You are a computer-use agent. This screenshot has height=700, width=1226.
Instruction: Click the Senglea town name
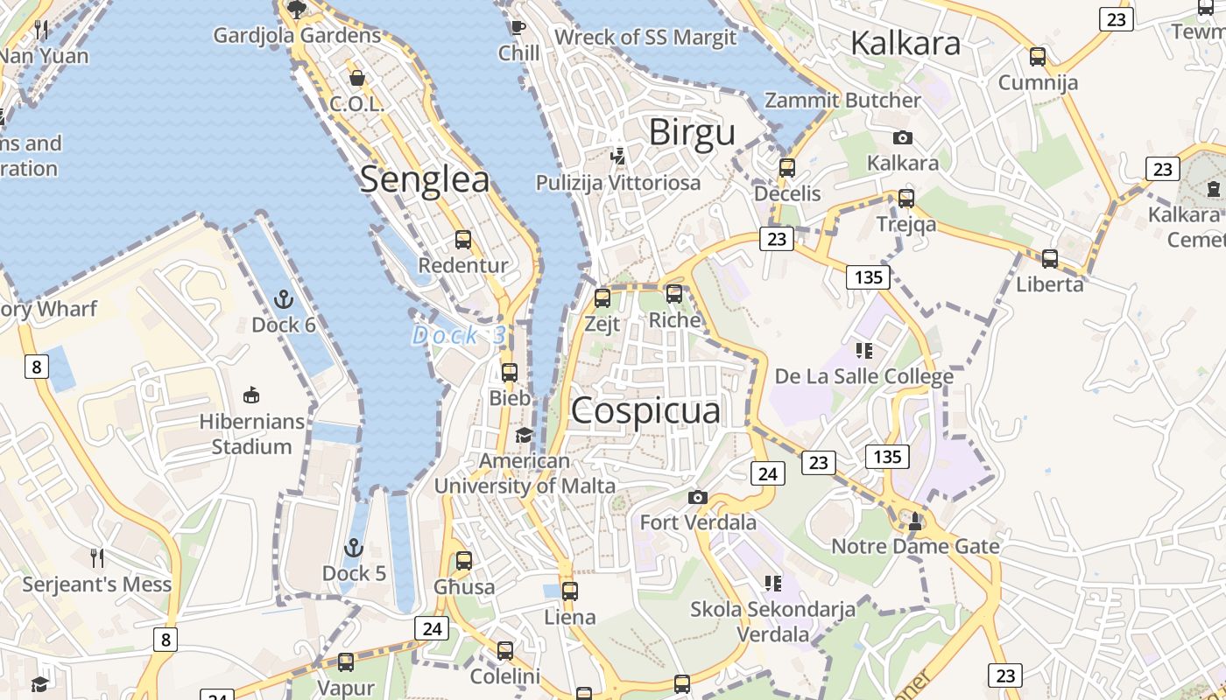425,179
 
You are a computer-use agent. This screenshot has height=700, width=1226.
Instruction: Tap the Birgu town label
692,133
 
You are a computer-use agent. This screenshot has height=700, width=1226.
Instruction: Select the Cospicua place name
645,411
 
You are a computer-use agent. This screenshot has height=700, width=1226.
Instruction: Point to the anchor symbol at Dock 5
353,549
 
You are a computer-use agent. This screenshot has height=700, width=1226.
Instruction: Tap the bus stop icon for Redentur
463,240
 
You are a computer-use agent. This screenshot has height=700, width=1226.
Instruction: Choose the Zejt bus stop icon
602,298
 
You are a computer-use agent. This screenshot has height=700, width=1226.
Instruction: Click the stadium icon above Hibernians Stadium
251,395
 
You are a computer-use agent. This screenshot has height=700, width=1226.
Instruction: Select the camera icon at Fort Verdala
698,498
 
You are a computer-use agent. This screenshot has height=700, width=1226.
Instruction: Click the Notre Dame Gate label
915,547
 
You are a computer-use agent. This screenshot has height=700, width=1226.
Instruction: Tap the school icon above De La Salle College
864,352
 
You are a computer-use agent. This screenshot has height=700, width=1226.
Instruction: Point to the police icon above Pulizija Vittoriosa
618,157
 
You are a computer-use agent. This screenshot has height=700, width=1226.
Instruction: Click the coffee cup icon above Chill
518,27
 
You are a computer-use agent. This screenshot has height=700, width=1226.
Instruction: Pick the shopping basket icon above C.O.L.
356,78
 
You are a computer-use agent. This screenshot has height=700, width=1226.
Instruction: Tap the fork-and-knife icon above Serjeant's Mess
97,557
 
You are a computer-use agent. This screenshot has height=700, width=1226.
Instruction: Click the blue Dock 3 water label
459,335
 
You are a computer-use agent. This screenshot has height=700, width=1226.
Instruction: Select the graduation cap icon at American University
524,435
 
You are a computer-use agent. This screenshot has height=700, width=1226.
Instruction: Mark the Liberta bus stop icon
1049,259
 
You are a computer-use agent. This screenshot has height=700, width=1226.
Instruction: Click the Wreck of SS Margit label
645,38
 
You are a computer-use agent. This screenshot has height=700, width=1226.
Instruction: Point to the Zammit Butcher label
842,101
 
